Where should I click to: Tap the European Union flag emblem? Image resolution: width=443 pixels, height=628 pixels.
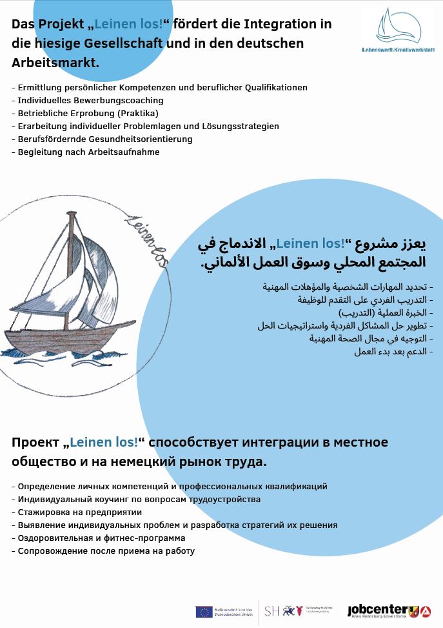coord(204,611)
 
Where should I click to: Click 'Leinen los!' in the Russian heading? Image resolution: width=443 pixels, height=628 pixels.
coord(104,442)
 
